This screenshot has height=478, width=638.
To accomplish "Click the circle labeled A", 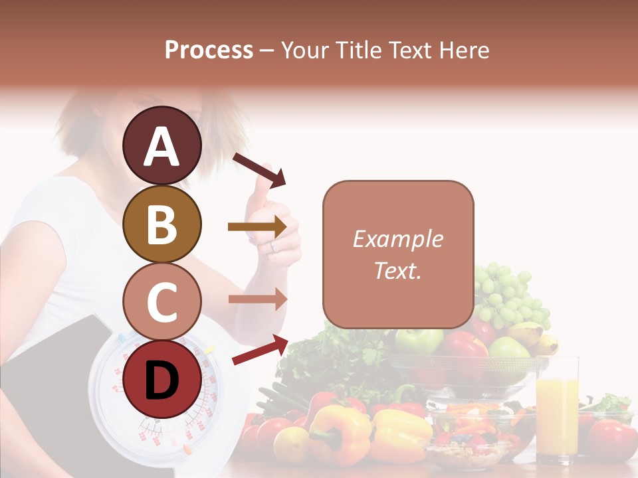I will coord(162,146).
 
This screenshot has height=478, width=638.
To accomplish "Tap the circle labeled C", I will coord(162,301).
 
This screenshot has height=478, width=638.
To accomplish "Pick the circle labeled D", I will coord(162,379).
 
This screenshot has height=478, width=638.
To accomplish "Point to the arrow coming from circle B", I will coord(257,227).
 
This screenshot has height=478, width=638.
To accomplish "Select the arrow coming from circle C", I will coord(257,299).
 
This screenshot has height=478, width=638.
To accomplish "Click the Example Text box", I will coord(398,254).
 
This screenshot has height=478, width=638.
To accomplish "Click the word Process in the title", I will coord(209,50).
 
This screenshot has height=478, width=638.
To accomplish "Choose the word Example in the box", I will coord(398,239).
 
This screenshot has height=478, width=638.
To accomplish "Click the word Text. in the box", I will coord(398,270).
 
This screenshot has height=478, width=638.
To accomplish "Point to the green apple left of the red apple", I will coord(419,340).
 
